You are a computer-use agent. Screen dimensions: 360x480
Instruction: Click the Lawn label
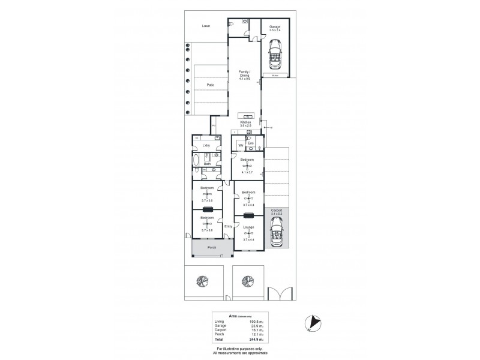206,26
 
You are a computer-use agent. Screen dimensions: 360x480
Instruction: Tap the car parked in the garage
275,55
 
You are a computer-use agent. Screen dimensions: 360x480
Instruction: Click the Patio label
211,86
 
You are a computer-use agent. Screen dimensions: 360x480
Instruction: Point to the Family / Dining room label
244,74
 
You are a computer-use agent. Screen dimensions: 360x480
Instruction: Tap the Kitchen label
245,122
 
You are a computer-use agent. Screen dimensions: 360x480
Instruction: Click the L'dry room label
206,145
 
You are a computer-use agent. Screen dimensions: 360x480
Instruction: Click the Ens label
251,143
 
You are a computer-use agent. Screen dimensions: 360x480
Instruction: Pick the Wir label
240,145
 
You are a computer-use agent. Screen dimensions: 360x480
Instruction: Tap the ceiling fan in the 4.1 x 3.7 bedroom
248,165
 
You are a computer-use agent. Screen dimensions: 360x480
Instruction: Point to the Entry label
228,226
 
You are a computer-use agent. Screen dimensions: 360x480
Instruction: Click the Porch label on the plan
211,247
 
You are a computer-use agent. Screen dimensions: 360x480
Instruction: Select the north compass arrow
311,323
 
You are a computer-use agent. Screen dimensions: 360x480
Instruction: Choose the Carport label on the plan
276,211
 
